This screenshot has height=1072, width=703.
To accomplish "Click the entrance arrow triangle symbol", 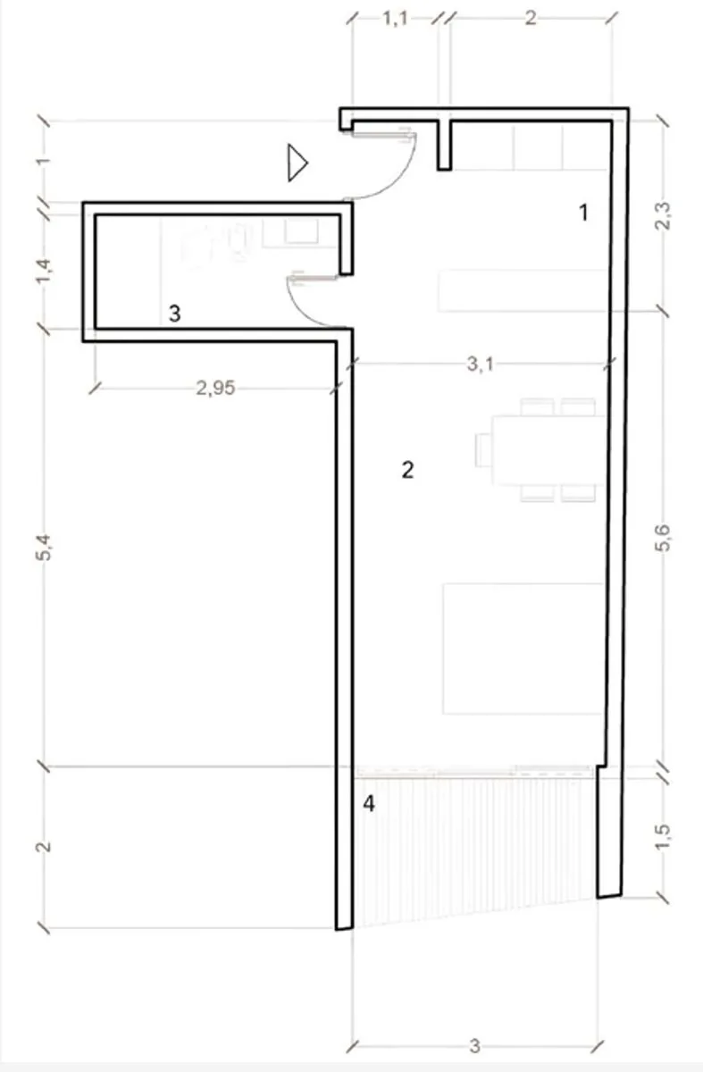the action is pos(297,163).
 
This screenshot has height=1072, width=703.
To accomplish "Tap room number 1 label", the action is pos(583,213).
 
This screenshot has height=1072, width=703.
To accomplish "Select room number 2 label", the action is pos(407,470).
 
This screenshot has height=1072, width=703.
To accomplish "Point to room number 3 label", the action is pos(175,314).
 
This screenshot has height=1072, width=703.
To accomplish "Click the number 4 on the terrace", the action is pos(369,803).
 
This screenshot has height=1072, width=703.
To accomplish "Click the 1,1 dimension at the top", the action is pos(395,19).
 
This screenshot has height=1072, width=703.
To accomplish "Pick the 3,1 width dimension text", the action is pos(480,364).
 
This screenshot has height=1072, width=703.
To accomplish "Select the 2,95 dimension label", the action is pos(216,388).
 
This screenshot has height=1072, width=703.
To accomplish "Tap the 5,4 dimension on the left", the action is pos(44,548).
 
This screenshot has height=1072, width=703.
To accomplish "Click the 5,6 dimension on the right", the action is pos(664,539).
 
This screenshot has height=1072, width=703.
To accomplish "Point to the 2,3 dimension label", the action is pos(664,216).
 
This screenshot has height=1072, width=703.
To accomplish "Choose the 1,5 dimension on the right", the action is pos(664,836).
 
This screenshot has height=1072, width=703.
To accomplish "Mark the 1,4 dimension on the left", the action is pos(44,271).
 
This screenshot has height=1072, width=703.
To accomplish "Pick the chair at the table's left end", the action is pos(484,450).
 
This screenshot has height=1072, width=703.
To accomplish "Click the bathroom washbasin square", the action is pos(302,231).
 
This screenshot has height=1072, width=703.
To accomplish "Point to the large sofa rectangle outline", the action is pos(522,649).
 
